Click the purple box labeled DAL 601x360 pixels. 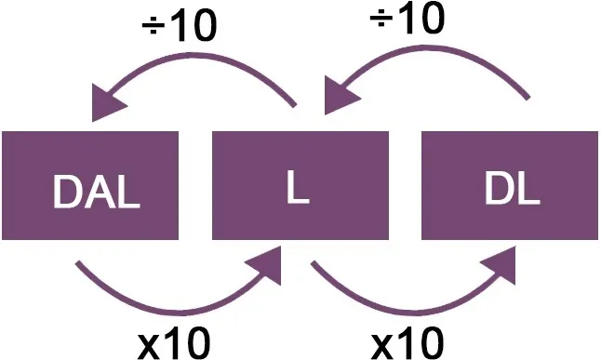coord(90,185)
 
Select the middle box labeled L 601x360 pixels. coord(300,185)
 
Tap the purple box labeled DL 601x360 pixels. coord(510,185)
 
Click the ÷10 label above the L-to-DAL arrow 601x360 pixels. coord(180,26)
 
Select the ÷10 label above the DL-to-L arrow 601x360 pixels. coord(407,18)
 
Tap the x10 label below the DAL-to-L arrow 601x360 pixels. coord(174,342)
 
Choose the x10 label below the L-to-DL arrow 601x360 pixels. coord(407,342)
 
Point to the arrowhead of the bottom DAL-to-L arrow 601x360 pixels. coord(265,265)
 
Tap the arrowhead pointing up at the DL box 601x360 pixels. coord(500,265)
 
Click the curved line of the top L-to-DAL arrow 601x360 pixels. coord(199,56)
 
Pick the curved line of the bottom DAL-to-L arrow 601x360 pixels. coord(177,313)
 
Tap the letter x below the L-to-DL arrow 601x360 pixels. coord(384,347)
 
